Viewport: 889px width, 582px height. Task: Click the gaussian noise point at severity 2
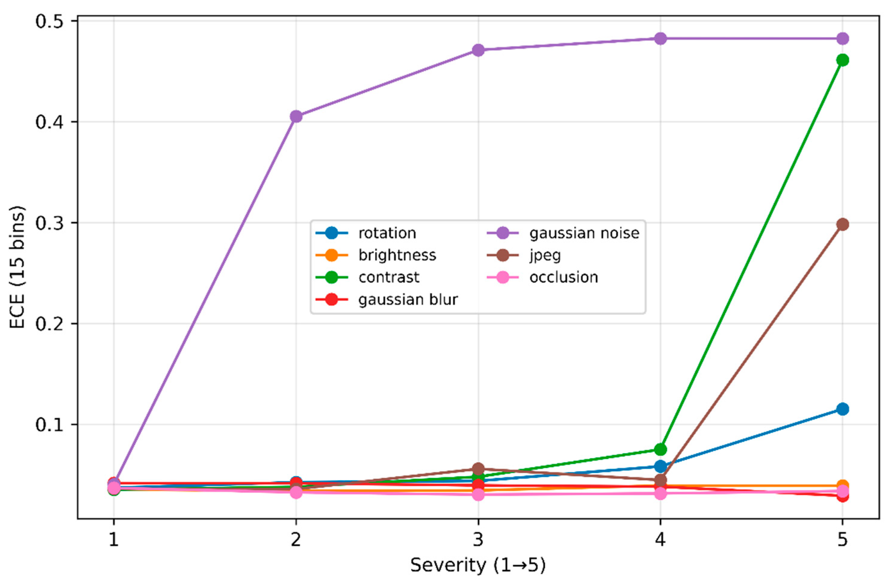[296, 116]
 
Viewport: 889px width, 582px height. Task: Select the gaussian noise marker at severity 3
[478, 50]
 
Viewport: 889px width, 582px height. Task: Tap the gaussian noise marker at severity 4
[660, 39]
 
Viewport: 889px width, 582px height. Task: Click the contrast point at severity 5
[842, 60]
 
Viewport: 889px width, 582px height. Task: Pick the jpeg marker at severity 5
[842, 224]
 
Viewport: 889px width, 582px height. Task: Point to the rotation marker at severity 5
[842, 409]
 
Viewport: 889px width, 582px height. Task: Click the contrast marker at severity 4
[660, 449]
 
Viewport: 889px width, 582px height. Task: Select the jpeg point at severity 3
[478, 469]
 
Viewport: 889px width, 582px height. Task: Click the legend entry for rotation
[387, 233]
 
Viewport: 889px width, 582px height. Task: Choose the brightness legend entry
[397, 255]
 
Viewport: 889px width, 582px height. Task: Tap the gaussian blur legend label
[408, 300]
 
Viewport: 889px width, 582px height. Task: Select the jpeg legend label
[545, 255]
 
